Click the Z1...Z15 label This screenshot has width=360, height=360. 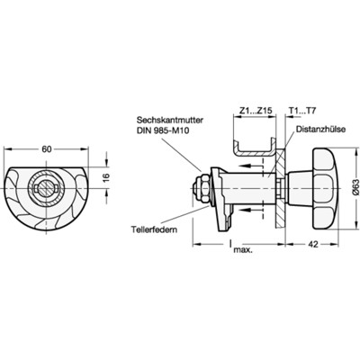252,112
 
